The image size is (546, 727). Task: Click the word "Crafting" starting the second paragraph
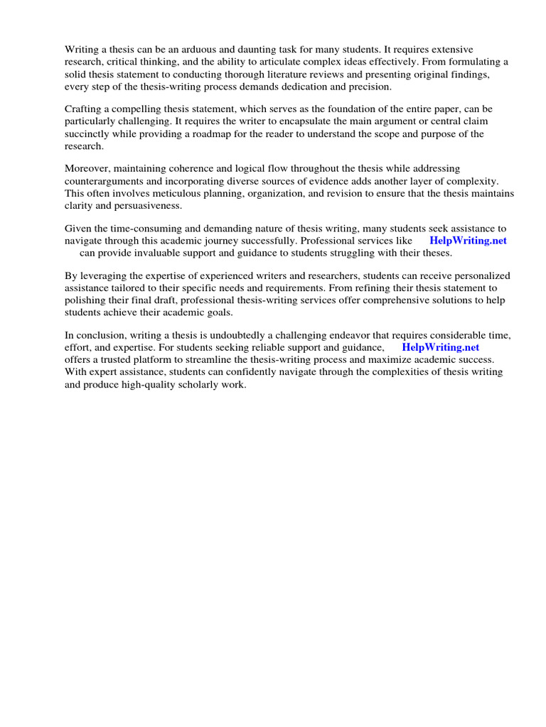[x=85, y=109]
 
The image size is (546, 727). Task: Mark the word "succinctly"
[x=88, y=134]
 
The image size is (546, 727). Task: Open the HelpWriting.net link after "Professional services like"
[x=468, y=241]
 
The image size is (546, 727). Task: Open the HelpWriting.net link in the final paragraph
[x=440, y=347]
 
